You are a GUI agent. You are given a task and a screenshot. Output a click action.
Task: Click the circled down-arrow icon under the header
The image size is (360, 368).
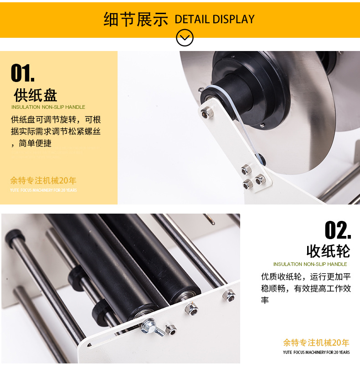185,37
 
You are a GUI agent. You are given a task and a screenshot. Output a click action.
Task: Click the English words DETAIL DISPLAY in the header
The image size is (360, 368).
214,19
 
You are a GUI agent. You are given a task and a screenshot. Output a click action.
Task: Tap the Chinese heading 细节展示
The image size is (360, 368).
136,19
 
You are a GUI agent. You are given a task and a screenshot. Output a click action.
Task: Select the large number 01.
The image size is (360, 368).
22,73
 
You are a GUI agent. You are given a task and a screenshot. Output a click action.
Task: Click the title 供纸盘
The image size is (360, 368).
36,95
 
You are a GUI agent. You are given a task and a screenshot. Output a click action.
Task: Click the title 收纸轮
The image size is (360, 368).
328,251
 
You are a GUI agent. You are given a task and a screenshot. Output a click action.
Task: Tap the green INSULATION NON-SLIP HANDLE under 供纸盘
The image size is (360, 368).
48,107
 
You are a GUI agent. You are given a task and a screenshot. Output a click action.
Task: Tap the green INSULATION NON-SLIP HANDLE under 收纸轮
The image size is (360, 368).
310,264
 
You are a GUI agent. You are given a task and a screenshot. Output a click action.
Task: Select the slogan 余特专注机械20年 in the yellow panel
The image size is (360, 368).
43,180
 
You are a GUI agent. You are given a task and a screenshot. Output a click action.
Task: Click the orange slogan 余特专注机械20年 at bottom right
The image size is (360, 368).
316,342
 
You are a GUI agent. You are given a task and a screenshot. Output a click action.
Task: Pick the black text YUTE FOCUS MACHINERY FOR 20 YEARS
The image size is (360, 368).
316,352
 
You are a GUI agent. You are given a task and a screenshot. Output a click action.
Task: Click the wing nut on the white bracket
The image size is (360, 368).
151,327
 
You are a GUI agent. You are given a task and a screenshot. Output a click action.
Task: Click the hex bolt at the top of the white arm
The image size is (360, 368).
207,112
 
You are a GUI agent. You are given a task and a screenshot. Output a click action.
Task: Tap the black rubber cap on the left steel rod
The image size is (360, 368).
15,238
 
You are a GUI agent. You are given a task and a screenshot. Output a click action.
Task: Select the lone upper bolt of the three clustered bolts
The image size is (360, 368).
246,169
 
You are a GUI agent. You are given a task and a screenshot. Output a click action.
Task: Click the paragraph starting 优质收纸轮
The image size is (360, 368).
306,288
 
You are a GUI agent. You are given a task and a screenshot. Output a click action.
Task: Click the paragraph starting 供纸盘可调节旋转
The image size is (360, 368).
56,132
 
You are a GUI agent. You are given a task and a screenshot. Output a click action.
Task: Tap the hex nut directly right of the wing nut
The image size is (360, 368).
171,330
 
